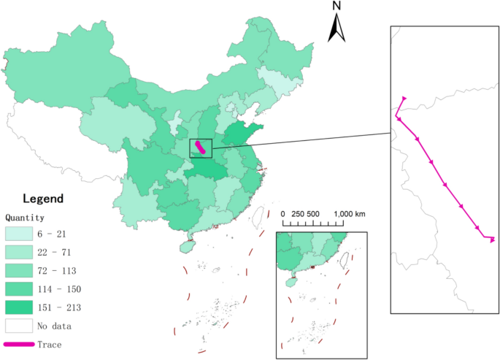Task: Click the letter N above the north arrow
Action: [x=337, y=6]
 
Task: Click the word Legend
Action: [x=43, y=199]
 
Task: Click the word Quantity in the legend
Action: [x=26, y=218]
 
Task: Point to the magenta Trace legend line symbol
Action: [x=20, y=343]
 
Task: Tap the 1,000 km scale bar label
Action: [x=350, y=213]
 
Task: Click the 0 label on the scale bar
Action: [x=282, y=213]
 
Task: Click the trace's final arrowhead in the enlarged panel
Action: [x=493, y=240]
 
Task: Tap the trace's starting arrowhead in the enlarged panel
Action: [x=404, y=99]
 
